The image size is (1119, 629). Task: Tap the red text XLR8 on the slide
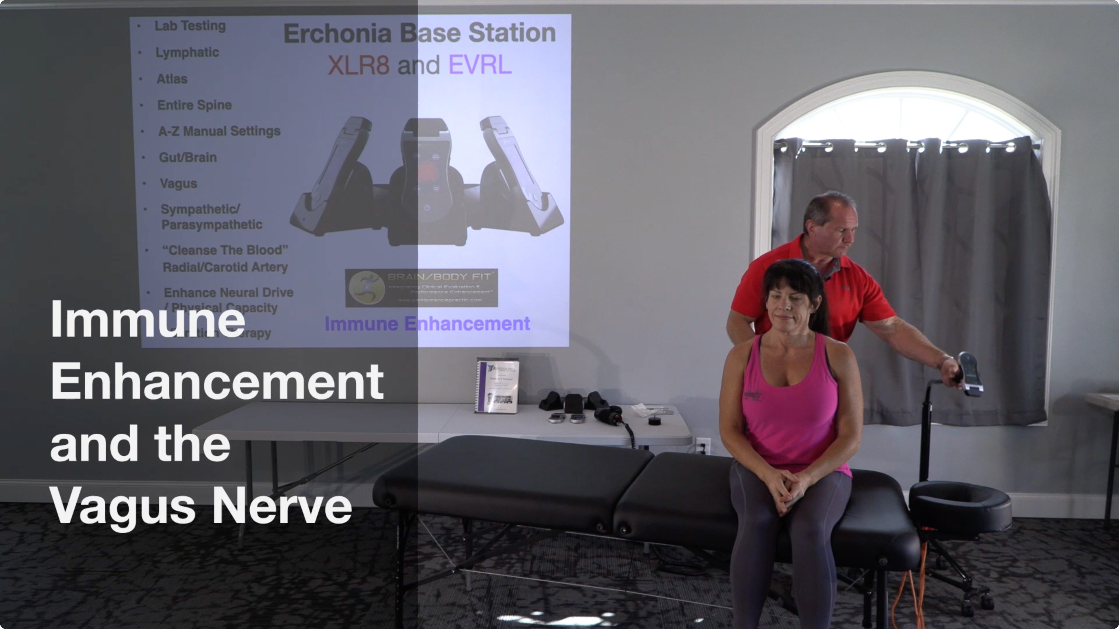pos(358,66)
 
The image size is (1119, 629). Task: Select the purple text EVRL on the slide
pos(480,66)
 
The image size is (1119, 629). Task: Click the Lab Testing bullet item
pos(190,26)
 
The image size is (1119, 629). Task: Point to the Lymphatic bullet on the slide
pos(187,52)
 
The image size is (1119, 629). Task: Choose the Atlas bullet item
pos(172,79)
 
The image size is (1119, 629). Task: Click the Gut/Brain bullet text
pos(188,157)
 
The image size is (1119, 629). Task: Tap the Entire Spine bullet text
pos(194,105)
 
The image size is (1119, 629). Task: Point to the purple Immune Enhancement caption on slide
pos(427,324)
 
